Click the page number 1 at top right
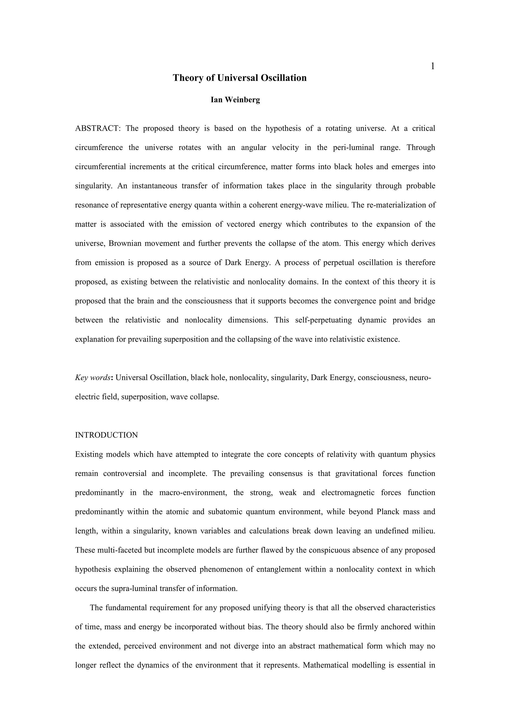pyautogui.click(x=433, y=66)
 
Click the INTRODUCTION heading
pyautogui.click(x=107, y=435)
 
